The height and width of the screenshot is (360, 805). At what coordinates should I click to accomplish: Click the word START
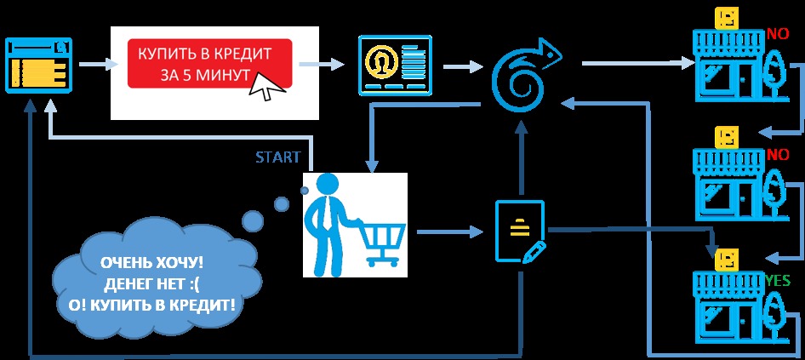tap(277, 157)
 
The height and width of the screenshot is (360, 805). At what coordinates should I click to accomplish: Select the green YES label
tap(778, 279)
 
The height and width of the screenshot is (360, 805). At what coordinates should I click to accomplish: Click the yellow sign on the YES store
tap(726, 258)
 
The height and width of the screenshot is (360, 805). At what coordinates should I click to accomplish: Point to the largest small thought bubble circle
tap(253, 222)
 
